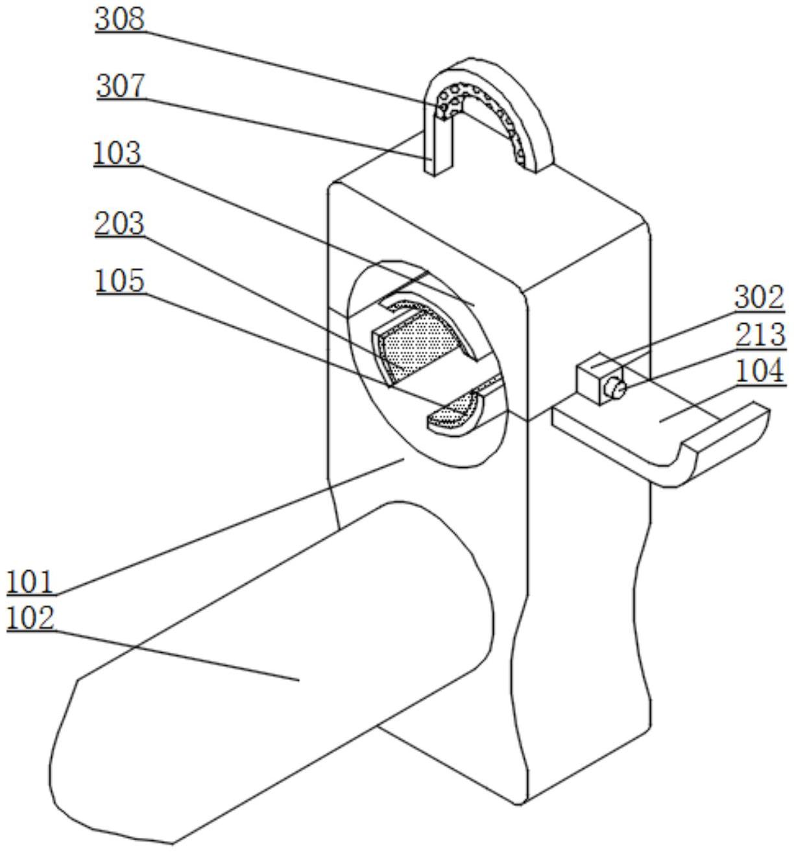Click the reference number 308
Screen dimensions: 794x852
coord(119,19)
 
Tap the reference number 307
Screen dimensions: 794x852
coord(121,86)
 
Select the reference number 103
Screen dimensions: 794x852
coord(117,153)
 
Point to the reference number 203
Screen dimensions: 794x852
coord(119,223)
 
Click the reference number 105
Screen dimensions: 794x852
coord(119,281)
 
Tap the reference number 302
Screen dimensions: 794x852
coord(759,297)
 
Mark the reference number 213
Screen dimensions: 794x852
coord(760,334)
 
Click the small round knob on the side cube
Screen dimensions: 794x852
coord(615,389)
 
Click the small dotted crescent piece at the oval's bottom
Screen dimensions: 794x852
coord(455,413)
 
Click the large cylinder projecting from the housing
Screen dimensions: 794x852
coord(274,644)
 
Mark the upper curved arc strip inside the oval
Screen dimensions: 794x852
coord(433,317)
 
